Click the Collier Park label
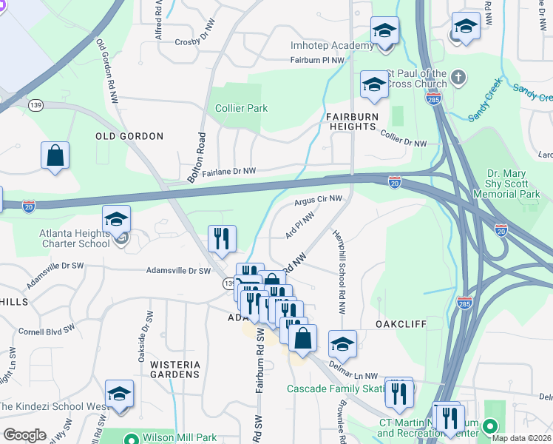241,108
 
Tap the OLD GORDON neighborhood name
129,136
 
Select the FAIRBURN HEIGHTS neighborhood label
353,121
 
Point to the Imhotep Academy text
332,46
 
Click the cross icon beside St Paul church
458,77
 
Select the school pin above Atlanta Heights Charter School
116,219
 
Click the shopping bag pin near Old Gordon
55,156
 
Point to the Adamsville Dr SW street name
178,271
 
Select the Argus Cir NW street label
318,199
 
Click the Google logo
24,435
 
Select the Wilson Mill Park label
173,437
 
